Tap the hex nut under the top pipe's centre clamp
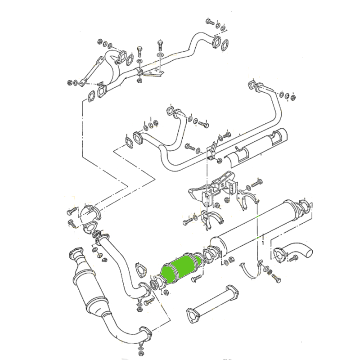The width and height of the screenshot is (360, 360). [139, 81]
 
